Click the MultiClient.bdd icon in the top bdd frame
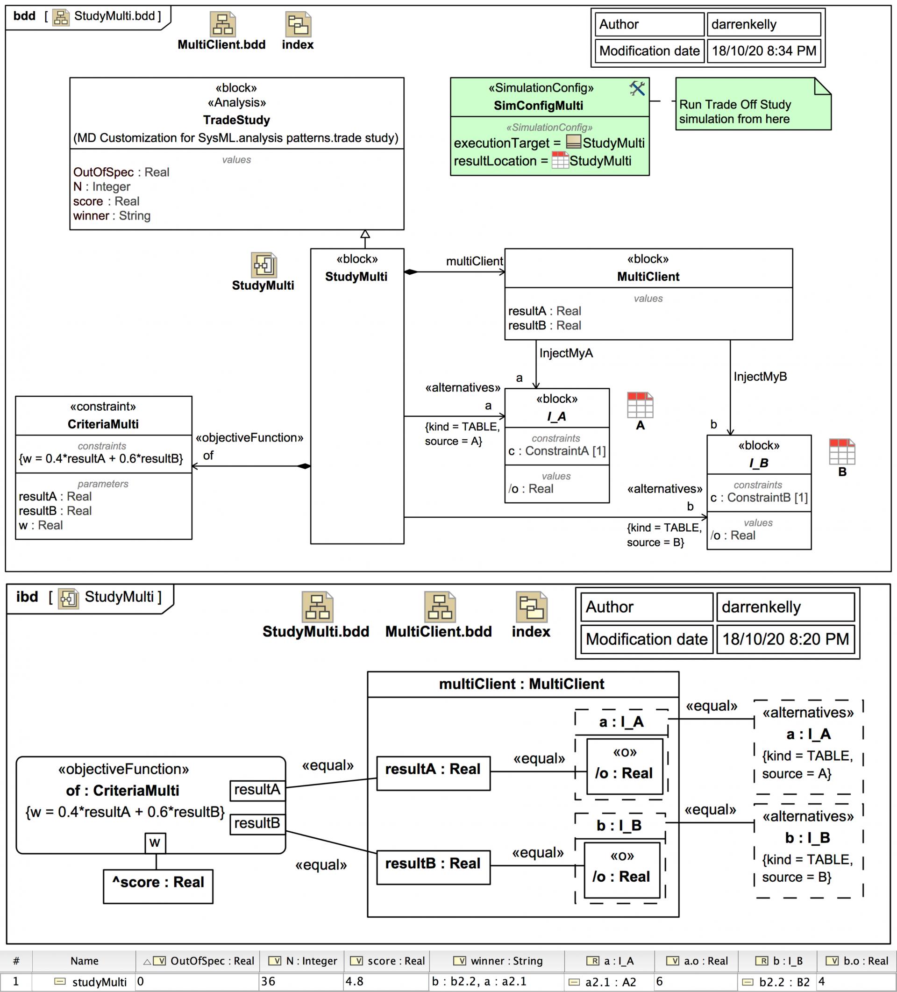pyautogui.click(x=222, y=25)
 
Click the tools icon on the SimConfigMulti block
pyautogui.click(x=637, y=89)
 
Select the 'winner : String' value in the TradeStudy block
pyautogui.click(x=112, y=215)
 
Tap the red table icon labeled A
pyautogui.click(x=640, y=405)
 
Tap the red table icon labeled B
pyautogui.click(x=841, y=452)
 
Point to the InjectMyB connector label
pyautogui.click(x=760, y=377)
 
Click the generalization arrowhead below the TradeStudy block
pyautogui.click(x=364, y=234)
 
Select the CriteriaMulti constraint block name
pyautogui.click(x=103, y=424)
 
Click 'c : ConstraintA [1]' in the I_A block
pyautogui.click(x=556, y=451)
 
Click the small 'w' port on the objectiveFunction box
pyautogui.click(x=155, y=842)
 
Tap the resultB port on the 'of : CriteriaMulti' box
pyautogui.click(x=257, y=823)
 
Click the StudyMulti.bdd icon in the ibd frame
pyautogui.click(x=317, y=608)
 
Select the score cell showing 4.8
pyautogui.click(x=385, y=981)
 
